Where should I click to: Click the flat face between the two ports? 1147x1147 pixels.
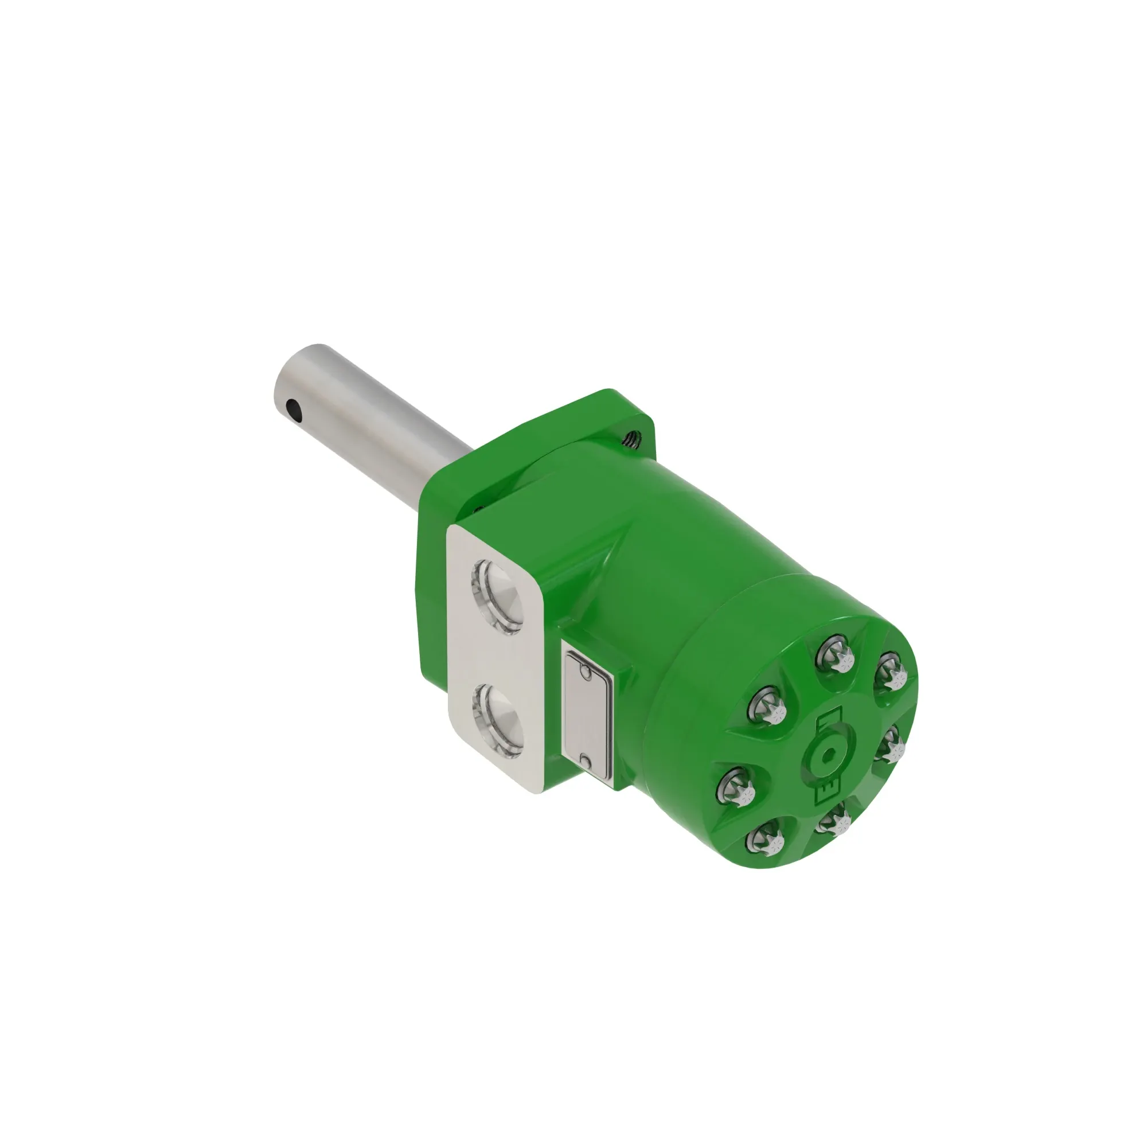[496, 659]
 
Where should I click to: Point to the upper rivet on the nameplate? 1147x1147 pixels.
[586, 672]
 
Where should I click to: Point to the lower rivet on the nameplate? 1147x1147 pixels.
[586, 762]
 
